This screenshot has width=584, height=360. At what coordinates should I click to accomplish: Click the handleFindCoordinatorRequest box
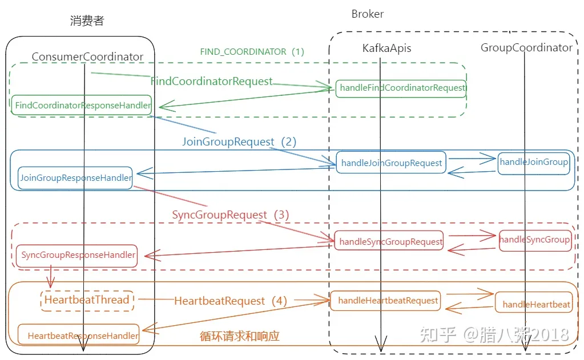402,88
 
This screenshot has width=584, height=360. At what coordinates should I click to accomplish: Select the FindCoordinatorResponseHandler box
83,105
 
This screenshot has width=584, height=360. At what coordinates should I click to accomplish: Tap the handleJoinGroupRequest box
391,163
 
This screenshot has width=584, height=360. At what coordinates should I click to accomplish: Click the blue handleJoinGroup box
534,162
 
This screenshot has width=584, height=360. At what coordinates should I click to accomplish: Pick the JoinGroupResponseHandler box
75,177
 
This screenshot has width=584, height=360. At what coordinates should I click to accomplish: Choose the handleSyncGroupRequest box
390,241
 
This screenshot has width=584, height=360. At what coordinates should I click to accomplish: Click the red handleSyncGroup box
534,240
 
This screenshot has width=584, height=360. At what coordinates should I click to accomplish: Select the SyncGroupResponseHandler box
78,255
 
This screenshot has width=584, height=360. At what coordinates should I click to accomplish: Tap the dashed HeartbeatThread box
87,300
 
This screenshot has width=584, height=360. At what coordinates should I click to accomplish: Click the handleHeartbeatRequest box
388,300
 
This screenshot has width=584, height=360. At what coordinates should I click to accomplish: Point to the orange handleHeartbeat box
536,305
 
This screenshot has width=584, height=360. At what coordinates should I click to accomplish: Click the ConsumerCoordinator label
87,56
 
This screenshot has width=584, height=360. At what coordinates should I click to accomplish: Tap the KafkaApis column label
386,48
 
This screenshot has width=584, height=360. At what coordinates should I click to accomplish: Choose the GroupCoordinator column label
526,48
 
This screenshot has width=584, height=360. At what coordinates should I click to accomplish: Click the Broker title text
367,14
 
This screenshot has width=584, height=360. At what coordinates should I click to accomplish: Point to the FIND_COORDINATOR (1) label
252,51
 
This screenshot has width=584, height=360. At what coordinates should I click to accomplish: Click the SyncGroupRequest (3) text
231,215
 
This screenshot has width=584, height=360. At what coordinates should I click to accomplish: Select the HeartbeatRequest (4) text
229,301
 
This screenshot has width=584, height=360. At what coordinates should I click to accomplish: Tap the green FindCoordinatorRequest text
211,82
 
